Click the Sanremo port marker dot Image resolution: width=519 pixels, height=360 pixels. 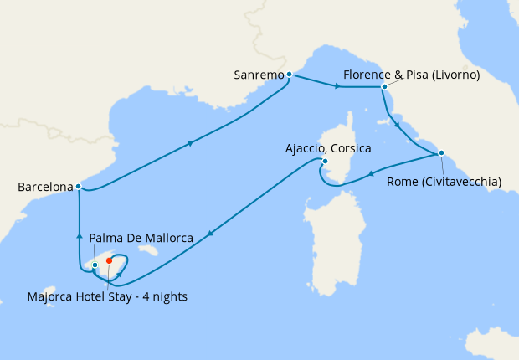coord(289,75)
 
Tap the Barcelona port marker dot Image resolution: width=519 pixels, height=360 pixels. coord(78,186)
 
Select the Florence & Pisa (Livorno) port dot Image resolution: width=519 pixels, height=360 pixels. coord(383,86)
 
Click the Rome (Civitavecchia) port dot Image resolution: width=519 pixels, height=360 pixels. coord(441,153)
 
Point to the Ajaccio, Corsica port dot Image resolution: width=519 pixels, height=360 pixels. coord(324,162)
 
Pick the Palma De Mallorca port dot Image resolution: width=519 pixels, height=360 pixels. coord(95,265)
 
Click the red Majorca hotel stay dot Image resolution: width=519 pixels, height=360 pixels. coord(110,260)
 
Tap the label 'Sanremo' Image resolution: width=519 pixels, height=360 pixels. coord(259,75)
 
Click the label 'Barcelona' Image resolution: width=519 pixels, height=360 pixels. coord(44,188)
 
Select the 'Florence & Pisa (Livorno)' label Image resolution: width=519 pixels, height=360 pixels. coord(410,75)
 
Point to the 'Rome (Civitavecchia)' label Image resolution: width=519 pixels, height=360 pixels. coord(444,181)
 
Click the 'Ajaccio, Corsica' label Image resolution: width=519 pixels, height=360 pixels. coord(327,148)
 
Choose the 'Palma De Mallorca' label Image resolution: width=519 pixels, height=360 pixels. coord(141,238)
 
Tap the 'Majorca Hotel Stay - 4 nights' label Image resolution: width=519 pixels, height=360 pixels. coord(107,296)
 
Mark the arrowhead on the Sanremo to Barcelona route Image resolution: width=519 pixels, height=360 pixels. coord(192,143)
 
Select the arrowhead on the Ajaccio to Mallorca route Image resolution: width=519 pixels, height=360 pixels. coord(208,234)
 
